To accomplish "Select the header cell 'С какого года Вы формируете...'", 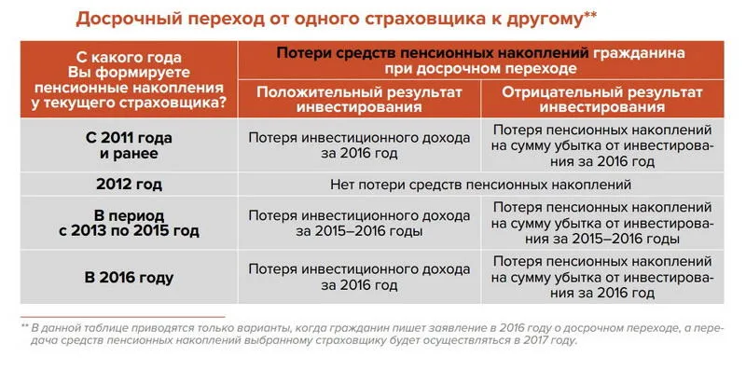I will [130, 79].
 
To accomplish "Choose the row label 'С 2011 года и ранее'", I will [130, 144].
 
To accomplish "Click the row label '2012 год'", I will [130, 184].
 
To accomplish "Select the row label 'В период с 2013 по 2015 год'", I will [130, 224].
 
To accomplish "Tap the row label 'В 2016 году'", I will [130, 277].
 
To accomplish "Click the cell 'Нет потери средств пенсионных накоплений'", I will [481, 184].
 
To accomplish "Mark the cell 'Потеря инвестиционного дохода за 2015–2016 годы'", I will [359, 224].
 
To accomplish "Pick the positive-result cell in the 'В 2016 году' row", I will [359, 277].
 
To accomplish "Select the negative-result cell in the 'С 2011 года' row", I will [601, 144].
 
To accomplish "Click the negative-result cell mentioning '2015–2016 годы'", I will [601, 224].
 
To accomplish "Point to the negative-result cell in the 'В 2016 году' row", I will [601, 277].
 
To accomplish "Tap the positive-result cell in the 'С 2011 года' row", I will [359, 144].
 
